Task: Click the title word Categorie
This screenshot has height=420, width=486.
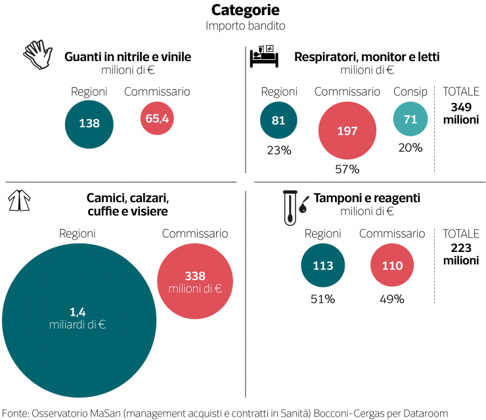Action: [245, 10]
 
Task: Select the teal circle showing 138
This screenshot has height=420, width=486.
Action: [89, 123]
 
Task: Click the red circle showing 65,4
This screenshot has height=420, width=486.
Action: [157, 119]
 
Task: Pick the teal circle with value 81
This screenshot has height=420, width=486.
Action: [278, 121]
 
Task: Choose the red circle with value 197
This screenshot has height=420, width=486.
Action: [347, 131]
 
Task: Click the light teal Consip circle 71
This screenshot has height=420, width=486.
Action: [410, 119]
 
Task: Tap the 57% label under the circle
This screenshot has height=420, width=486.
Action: [347, 169]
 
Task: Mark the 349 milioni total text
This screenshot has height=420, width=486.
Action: [461, 114]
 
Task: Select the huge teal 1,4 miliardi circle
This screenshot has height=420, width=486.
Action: [79, 319]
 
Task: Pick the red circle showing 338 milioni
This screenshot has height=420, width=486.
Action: [195, 282]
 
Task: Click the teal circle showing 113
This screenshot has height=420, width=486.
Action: [323, 266]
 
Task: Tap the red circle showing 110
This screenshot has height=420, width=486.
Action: [391, 266]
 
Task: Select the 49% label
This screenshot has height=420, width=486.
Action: [391, 299]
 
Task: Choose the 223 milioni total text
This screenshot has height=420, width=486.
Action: [461, 254]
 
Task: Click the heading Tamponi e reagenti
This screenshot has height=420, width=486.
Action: [366, 198]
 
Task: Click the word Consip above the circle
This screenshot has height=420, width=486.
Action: [410, 92]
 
